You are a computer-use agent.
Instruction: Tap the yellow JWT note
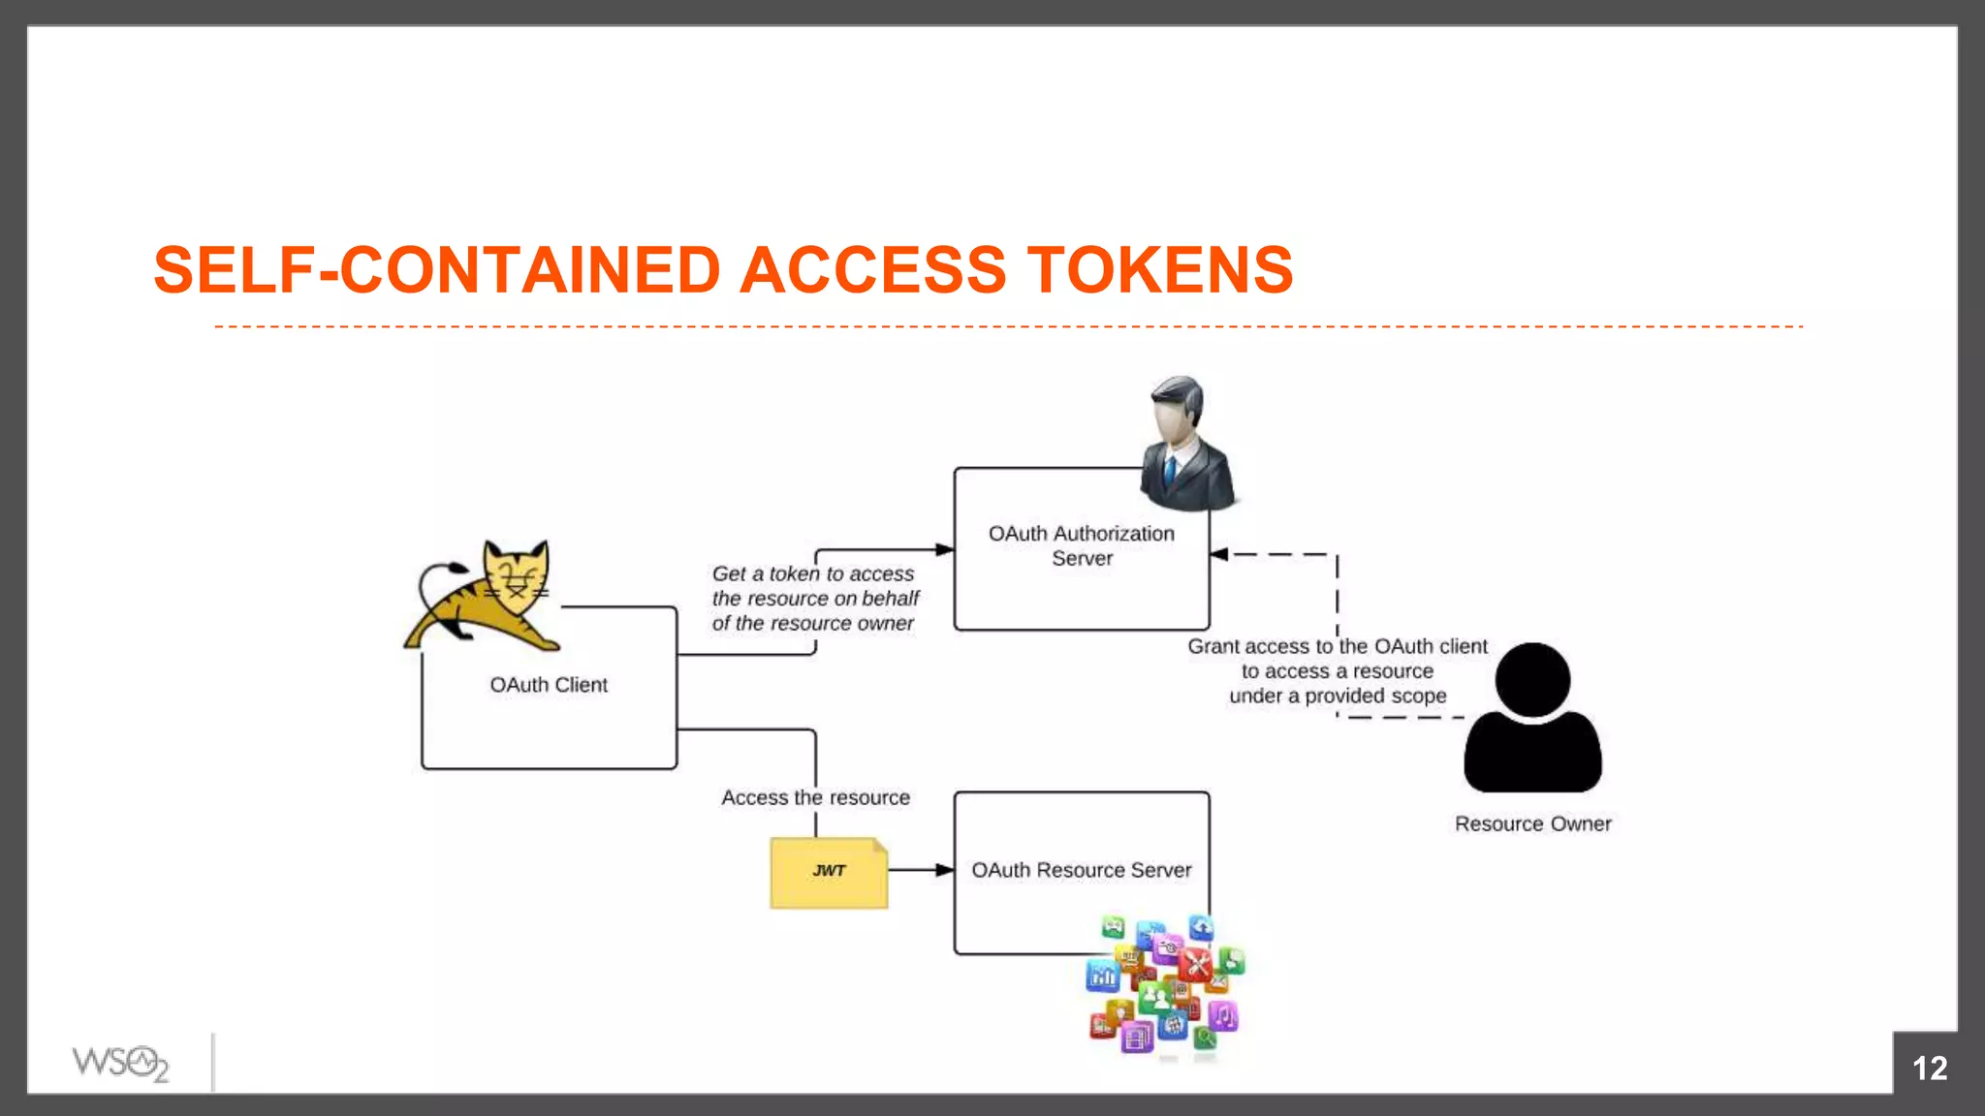click(x=829, y=872)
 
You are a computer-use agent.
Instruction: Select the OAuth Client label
click(x=549, y=685)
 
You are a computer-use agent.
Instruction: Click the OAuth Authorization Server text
click(x=1082, y=545)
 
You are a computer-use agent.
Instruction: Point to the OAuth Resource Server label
click(x=1082, y=870)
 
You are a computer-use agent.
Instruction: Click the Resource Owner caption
click(x=1532, y=823)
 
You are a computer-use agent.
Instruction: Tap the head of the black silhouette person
click(x=1532, y=679)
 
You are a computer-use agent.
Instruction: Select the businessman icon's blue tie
click(x=1170, y=471)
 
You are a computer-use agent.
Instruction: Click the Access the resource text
click(x=815, y=797)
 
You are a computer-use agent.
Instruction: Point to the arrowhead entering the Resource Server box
click(x=945, y=870)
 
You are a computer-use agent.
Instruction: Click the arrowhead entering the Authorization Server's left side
click(x=945, y=549)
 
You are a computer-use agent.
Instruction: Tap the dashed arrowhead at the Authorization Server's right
click(x=1219, y=554)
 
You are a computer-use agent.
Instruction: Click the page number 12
click(x=1929, y=1068)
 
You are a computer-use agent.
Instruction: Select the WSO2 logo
click(x=120, y=1063)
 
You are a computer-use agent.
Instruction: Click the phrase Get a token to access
click(x=812, y=573)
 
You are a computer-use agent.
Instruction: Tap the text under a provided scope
click(x=1338, y=696)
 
